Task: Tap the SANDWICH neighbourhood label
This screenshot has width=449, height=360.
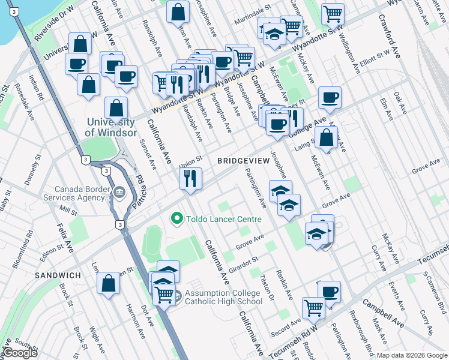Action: [x=58, y=275]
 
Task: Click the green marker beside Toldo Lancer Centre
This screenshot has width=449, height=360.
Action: [x=176, y=219]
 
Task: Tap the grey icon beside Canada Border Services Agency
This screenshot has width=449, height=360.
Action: [x=119, y=193]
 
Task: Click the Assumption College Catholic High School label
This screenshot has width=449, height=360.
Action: [x=223, y=297]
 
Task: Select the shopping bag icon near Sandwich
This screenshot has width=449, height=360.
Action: [x=108, y=284]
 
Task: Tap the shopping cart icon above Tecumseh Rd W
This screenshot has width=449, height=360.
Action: [x=313, y=308]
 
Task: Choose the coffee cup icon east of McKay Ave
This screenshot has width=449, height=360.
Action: [x=329, y=97]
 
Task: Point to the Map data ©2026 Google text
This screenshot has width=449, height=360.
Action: [x=412, y=355]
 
